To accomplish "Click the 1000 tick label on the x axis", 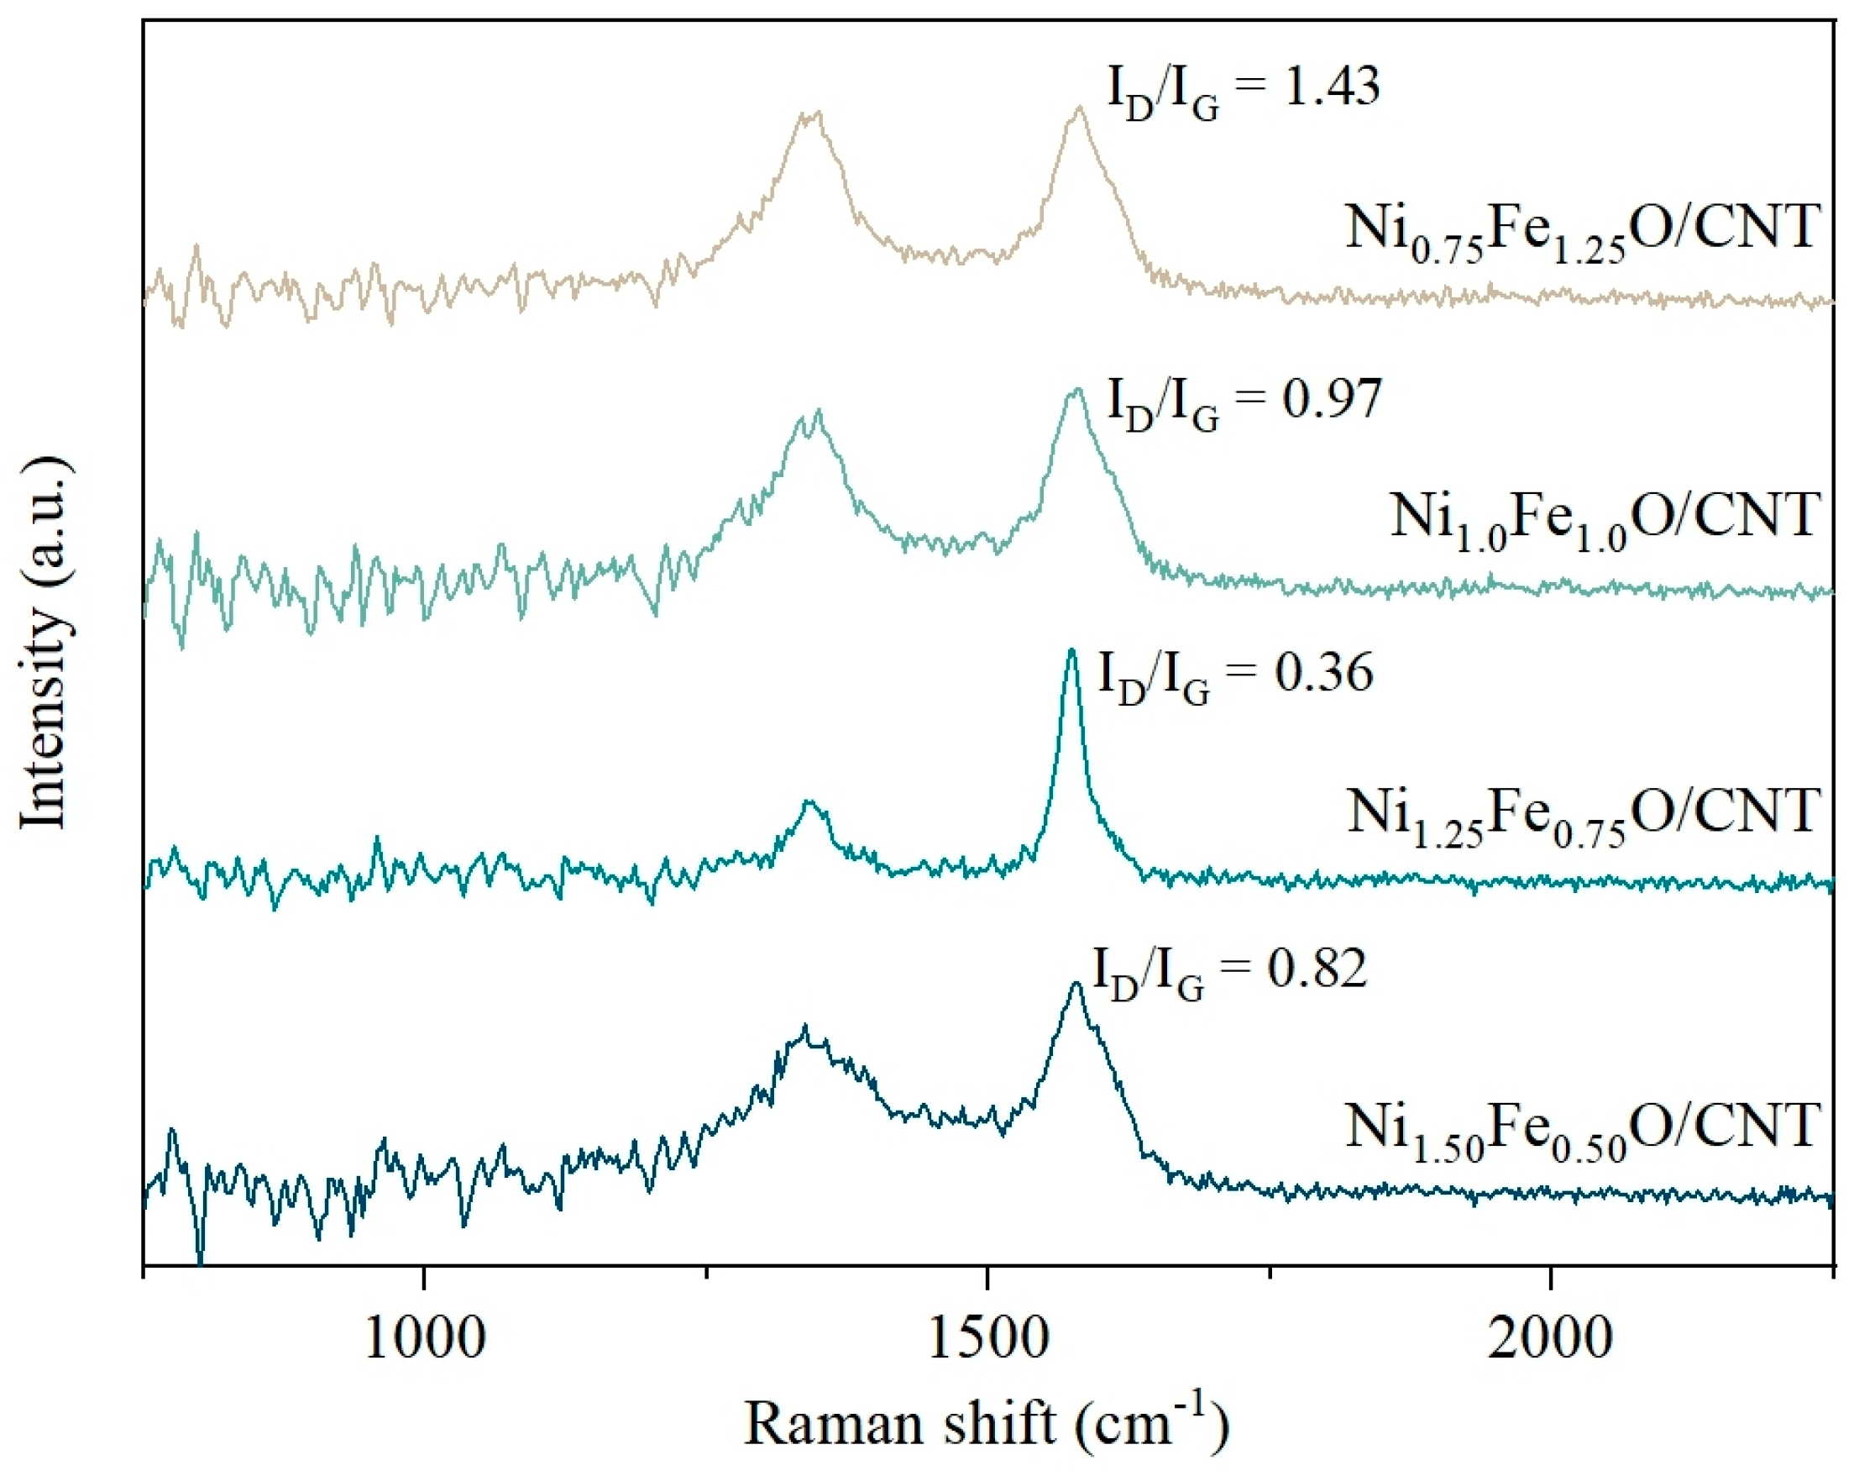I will pyautogui.click(x=425, y=1339).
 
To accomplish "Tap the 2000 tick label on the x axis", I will pyautogui.click(x=1550, y=1339).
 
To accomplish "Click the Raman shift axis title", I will pyautogui.click(x=987, y=1424).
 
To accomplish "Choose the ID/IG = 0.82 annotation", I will pyautogui.click(x=1229, y=973).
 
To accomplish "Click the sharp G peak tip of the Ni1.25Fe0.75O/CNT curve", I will pyautogui.click(x=1071, y=650).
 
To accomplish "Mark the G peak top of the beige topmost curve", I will pyautogui.click(x=1079, y=108).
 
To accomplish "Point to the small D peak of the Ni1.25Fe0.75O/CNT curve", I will pyautogui.click(x=808, y=801).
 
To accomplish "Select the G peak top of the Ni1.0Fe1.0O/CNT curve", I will pyautogui.click(x=1075, y=391).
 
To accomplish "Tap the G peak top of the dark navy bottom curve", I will pyautogui.click(x=1076, y=983).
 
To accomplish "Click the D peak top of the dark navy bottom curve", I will pyautogui.click(x=805, y=1027).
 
